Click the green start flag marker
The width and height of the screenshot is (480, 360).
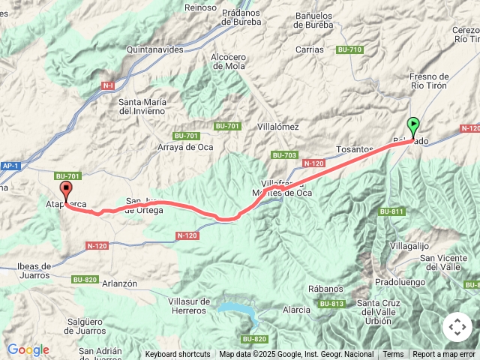pyautogui.click(x=413, y=125)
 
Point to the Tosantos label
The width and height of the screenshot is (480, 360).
pyautogui.click(x=355, y=149)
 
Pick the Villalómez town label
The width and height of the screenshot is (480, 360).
pyautogui.click(x=277, y=127)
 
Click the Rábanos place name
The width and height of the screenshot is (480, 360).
pyautogui.click(x=325, y=289)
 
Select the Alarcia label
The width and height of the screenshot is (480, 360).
pyautogui.click(x=296, y=310)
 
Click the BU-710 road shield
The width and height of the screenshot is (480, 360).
pyautogui.click(x=349, y=49)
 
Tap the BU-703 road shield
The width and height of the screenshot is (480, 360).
pyautogui.click(x=285, y=155)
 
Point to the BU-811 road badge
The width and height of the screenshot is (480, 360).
pyautogui.click(x=391, y=211)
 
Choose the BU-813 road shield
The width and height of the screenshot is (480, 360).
pyautogui.click(x=331, y=304)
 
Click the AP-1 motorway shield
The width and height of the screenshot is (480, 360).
pyautogui.click(x=10, y=166)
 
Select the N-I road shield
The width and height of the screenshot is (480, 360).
pyautogui.click(x=108, y=86)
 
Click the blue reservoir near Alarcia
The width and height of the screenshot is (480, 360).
pyautogui.click(x=238, y=308)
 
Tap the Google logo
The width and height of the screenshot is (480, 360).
pyautogui.click(x=28, y=349)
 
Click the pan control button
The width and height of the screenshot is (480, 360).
pyautogui.click(x=457, y=327)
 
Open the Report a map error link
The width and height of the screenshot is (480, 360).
pyautogui.click(x=444, y=355)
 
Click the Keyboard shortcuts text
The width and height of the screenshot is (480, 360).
pyautogui.click(x=178, y=355)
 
